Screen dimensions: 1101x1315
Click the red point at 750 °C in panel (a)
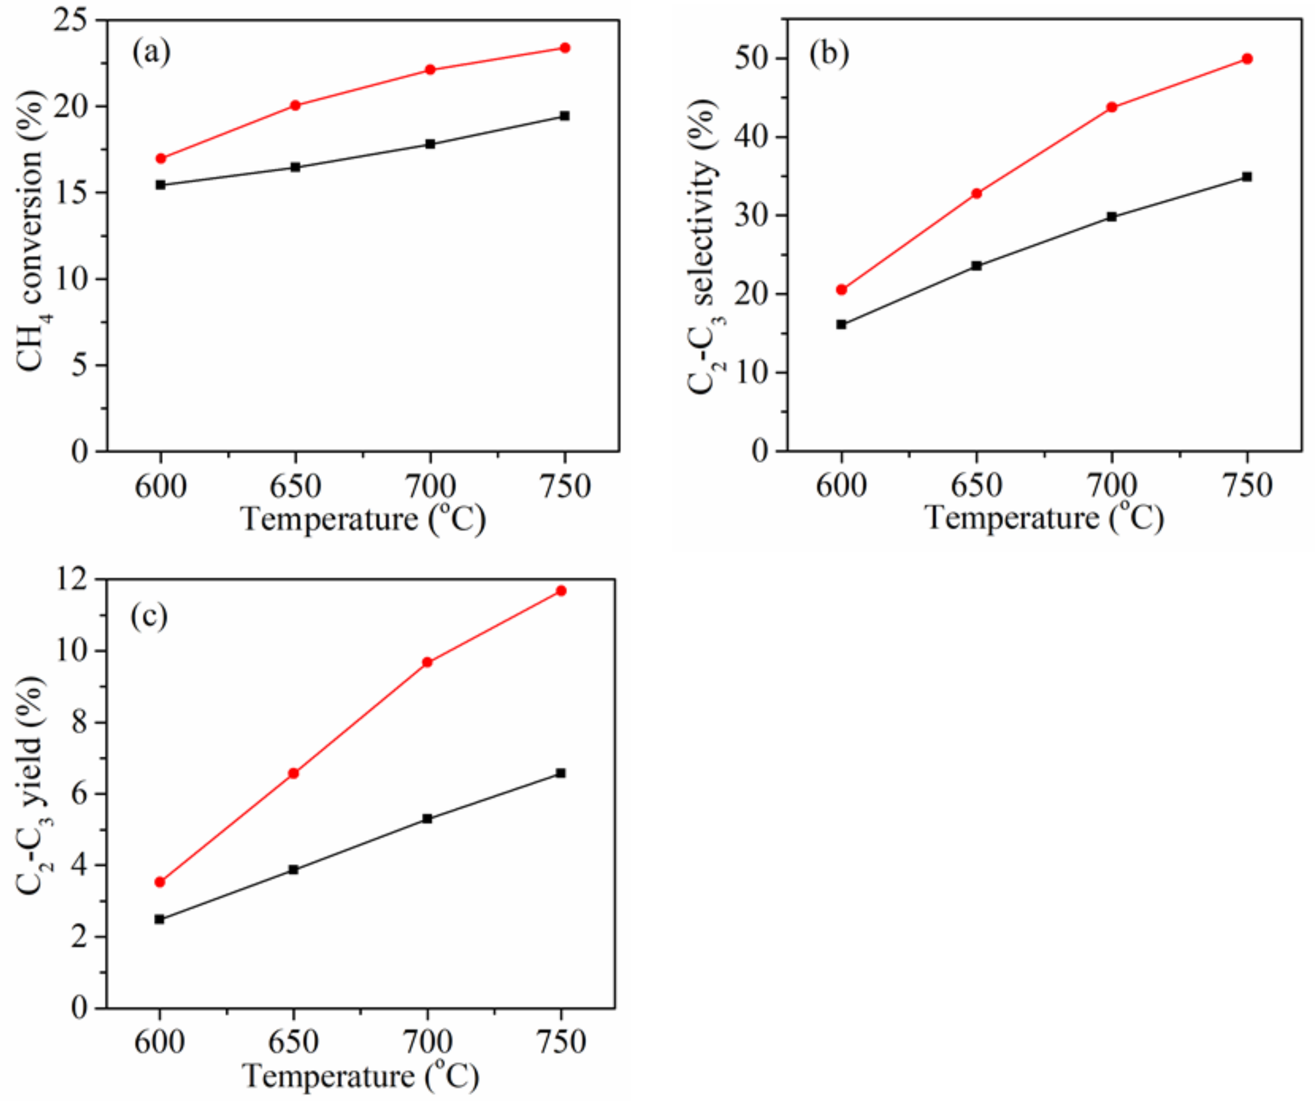pyautogui.click(x=564, y=47)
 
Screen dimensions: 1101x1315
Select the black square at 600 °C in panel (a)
pyautogui.click(x=161, y=185)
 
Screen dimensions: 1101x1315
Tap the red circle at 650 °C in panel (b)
pyautogui.click(x=976, y=194)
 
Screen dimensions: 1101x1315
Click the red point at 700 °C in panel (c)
pyautogui.click(x=428, y=662)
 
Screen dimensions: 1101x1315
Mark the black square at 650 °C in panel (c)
pyautogui.click(x=294, y=869)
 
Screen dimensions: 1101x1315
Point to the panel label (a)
pyautogui.click(x=151, y=53)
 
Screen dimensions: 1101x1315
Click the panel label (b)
pyautogui.click(x=829, y=54)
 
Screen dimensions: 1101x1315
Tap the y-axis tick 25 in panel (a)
pyautogui.click(x=71, y=21)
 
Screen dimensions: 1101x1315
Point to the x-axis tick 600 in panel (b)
pyautogui.click(x=841, y=486)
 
